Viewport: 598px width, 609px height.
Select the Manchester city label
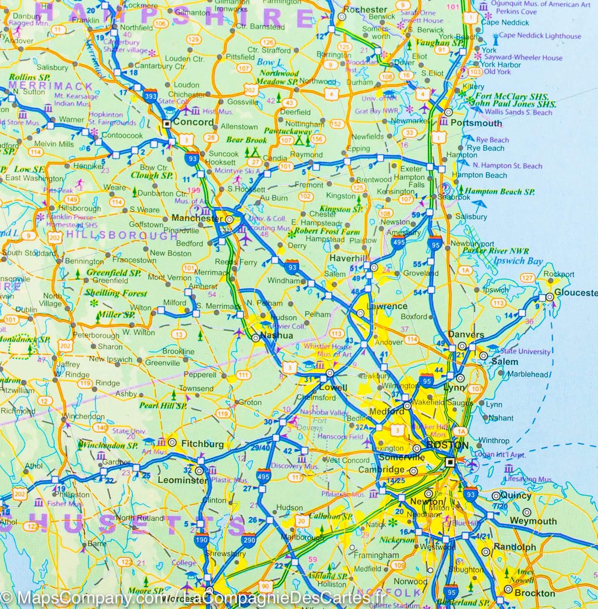[x=197, y=218]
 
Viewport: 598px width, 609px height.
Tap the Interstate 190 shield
[x=202, y=540]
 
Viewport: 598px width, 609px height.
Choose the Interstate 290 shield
[x=249, y=540]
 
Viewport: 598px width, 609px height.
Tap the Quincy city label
[x=516, y=495]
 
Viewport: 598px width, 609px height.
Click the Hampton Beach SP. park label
[x=499, y=192]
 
